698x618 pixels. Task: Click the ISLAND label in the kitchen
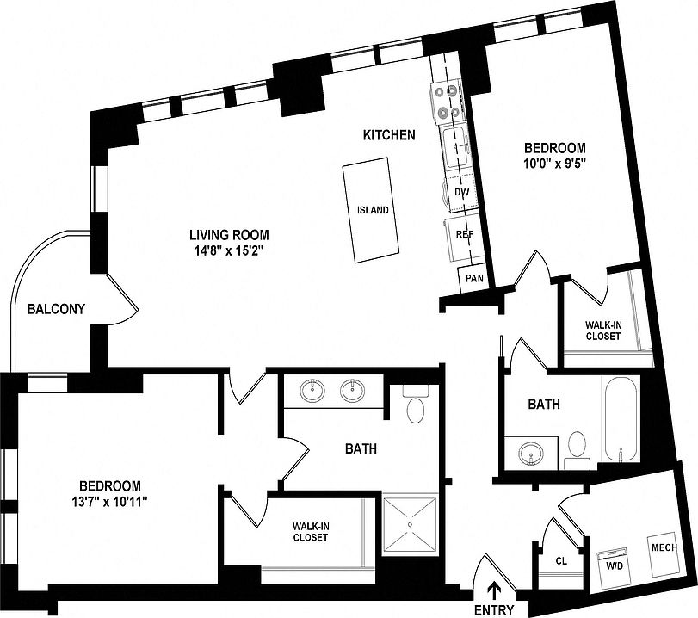click(373, 210)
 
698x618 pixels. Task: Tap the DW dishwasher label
click(461, 193)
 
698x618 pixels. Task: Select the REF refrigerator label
click(464, 233)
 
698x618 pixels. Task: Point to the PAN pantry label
click(473, 278)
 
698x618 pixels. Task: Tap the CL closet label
click(561, 560)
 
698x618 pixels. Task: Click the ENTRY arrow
click(495, 590)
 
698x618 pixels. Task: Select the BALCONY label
click(55, 309)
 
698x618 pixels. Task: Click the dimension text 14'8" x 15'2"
click(229, 251)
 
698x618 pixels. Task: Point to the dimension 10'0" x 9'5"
click(554, 164)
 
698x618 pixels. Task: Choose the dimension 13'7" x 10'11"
click(109, 502)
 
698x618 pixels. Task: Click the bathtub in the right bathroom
click(620, 417)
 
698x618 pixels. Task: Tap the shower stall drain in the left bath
click(411, 524)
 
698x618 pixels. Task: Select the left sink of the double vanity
click(312, 392)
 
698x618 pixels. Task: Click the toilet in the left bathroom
click(415, 406)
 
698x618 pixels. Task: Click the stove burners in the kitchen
click(448, 100)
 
